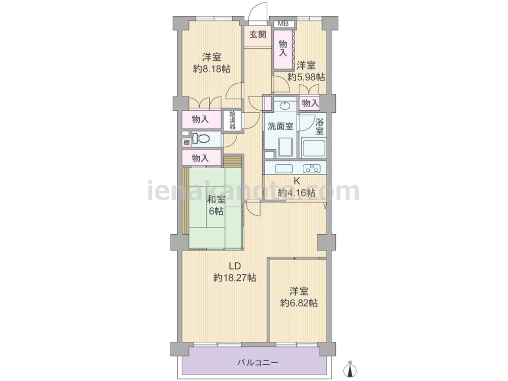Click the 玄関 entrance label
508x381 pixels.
258,34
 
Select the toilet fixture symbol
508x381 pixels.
201,139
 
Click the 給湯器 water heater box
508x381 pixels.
232,120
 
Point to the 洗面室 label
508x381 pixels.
280,126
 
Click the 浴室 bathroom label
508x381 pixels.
320,126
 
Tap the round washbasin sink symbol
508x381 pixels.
284,106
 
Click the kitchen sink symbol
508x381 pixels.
284,169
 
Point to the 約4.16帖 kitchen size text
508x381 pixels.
297,193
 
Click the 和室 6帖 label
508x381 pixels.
216,205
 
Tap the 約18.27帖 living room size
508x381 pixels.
235,278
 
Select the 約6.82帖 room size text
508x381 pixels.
299,303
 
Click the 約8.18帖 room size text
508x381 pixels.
212,69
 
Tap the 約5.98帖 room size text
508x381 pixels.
306,77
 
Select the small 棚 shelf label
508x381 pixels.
186,142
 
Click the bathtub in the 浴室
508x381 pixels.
313,148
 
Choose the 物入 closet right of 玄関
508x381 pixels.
283,49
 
